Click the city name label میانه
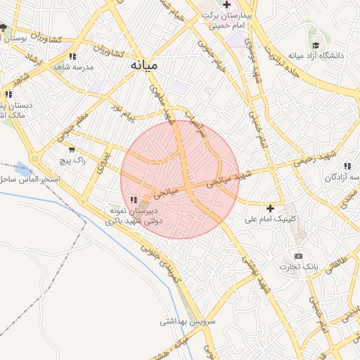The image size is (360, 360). (144, 65)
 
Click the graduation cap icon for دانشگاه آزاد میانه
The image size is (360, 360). (316, 45)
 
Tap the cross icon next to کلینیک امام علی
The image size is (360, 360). (271, 208)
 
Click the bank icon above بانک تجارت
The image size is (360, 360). (299, 255)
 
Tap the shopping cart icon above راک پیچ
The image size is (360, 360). (71, 149)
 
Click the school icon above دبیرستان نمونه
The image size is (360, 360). (134, 200)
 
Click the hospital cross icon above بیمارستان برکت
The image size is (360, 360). (226, 4)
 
